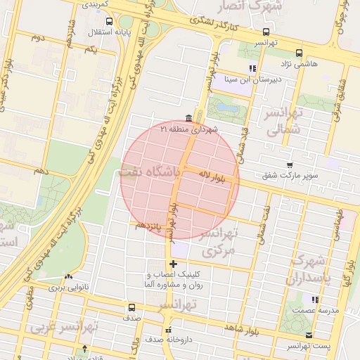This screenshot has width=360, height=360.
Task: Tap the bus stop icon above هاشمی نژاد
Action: coord(300,53)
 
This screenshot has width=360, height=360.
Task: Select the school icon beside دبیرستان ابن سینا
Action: coord(252,68)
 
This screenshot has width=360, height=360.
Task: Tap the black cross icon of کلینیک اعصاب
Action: coord(173,264)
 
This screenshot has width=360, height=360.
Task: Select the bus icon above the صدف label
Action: coord(131,307)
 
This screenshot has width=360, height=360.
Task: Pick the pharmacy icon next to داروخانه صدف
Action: coord(167,330)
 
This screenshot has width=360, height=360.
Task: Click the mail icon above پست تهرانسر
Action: coord(309,336)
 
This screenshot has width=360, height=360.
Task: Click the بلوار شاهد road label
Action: coord(242,328)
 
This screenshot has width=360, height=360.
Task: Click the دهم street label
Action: coord(41,171)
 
